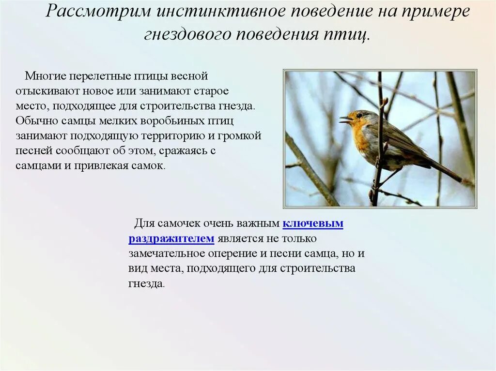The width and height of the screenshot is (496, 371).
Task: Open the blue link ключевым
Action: point(313,223)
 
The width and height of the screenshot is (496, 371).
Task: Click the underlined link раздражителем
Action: point(171,238)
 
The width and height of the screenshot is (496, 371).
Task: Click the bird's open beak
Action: point(345,119)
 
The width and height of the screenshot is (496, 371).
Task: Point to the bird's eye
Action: point(359,116)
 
